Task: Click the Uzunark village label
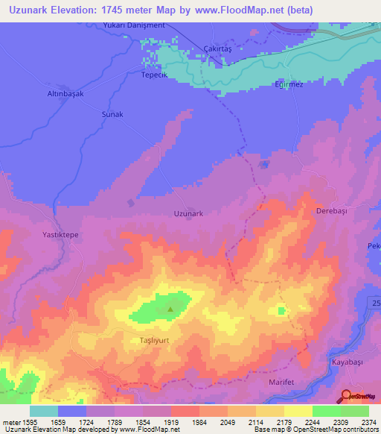click(188, 213)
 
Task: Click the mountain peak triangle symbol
click(170, 309)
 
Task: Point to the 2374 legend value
click(368, 421)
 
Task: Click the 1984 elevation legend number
click(199, 421)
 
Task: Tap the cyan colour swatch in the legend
click(44, 410)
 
